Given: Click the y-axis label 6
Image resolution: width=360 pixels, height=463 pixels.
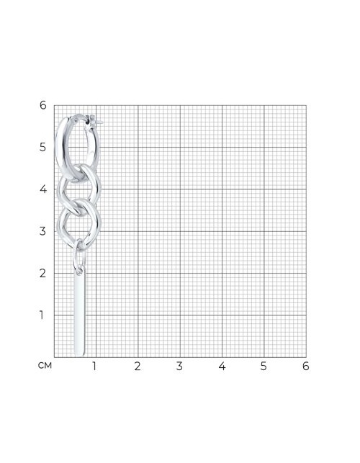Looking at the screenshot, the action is click(x=43, y=105).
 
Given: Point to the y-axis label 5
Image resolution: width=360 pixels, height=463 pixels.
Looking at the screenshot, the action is click(x=43, y=147).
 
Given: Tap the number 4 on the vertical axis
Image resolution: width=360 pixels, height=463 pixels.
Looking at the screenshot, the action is click(x=43, y=189).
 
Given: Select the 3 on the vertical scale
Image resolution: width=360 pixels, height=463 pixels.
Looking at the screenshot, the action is click(x=43, y=231).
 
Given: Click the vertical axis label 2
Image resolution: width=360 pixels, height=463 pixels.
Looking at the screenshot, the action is click(x=43, y=273).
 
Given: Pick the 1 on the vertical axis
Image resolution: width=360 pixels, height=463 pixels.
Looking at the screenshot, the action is click(x=42, y=315).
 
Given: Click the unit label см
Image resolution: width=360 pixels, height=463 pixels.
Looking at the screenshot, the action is click(x=45, y=366).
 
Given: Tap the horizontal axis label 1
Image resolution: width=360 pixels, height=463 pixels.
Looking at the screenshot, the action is click(x=94, y=366).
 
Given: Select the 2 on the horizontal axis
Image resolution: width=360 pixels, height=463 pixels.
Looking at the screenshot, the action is click(x=138, y=366).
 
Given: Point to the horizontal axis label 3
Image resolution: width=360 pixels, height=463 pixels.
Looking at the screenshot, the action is click(x=179, y=366).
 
